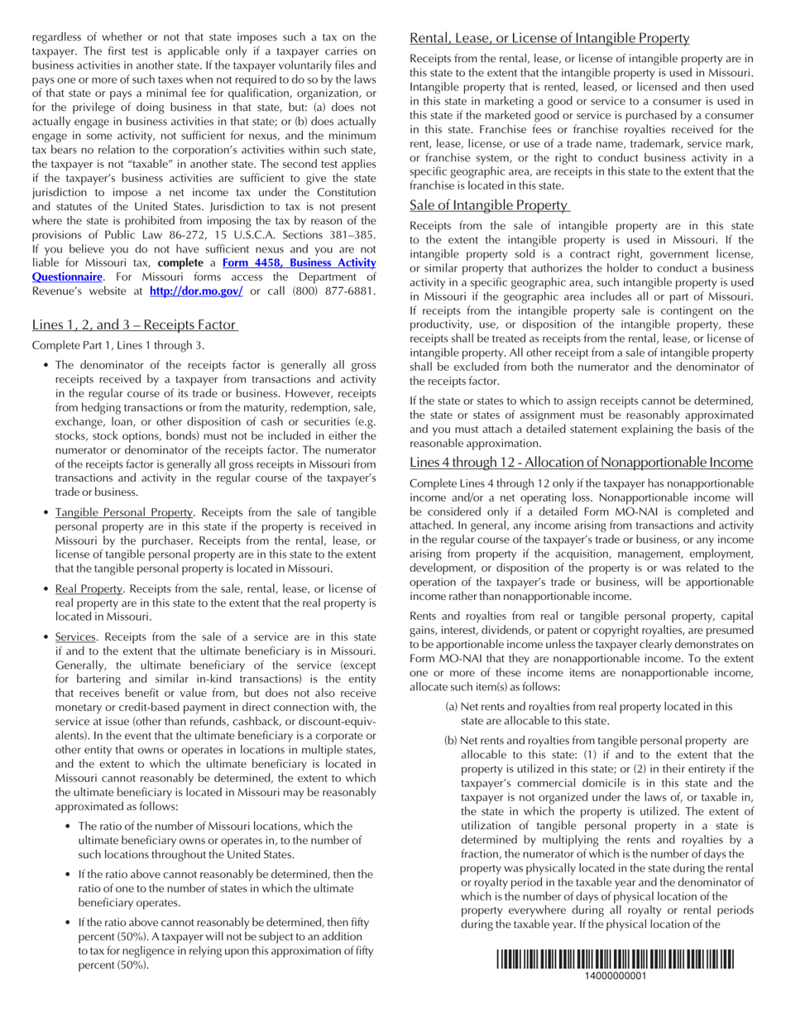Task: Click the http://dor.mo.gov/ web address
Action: [x=196, y=291]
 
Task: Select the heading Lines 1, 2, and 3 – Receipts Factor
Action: [x=135, y=324]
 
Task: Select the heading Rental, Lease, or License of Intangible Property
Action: [x=549, y=38]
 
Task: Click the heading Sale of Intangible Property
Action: [x=489, y=205]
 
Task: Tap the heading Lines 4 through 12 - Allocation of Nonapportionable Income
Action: [x=581, y=462]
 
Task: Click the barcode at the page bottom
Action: [x=615, y=959]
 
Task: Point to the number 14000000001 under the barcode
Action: [x=615, y=976]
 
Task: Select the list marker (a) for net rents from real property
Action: [x=452, y=706]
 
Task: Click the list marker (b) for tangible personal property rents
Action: [x=451, y=740]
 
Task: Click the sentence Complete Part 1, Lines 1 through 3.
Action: [x=117, y=345]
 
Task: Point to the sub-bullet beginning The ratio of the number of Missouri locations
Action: [x=215, y=825]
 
